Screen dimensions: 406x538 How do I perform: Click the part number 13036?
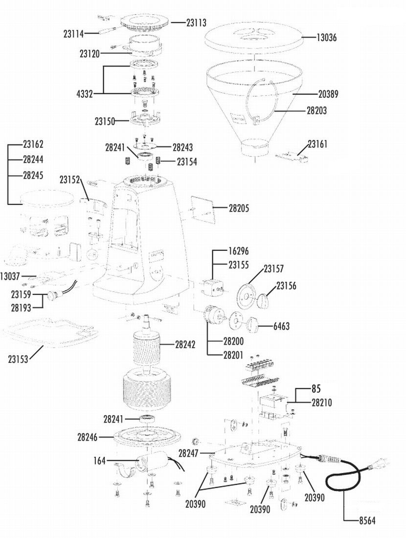[x=326, y=37]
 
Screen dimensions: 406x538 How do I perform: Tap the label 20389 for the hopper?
[x=328, y=94]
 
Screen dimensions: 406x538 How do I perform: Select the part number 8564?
[x=367, y=520]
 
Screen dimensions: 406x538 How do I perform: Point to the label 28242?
[x=185, y=344]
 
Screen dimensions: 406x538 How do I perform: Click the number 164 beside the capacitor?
[x=99, y=460]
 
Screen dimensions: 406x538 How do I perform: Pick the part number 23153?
[x=18, y=359]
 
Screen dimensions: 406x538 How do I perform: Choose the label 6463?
[x=281, y=326]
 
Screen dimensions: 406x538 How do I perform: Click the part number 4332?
[x=85, y=94]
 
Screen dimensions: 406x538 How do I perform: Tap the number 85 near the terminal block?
[x=316, y=389]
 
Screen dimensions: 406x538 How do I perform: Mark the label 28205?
[x=239, y=208]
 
